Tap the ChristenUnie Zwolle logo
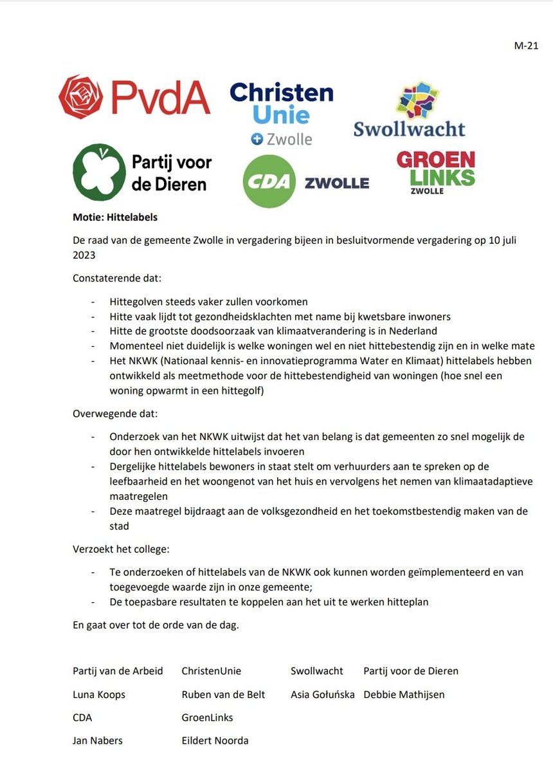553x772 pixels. [282, 113]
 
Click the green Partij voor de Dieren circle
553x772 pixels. [98, 172]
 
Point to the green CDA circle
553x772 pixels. [269, 181]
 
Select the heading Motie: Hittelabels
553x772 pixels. [115, 217]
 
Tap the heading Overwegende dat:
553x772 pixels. [109, 413]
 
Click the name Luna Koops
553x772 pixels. [99, 694]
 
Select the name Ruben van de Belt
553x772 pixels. [223, 694]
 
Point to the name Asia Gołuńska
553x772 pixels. [323, 694]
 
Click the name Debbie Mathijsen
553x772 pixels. [404, 694]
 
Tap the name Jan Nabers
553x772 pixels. [98, 740]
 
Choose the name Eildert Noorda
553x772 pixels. [215, 740]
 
